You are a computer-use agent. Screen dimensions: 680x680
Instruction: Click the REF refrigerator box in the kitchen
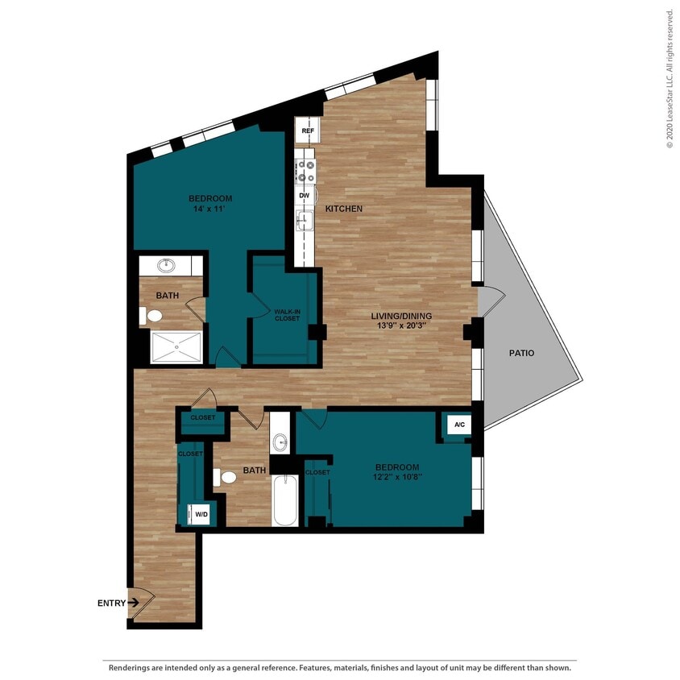click(x=307, y=131)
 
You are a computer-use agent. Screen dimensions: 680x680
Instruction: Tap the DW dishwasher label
click(x=305, y=196)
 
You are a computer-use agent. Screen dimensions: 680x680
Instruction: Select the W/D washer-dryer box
click(x=198, y=513)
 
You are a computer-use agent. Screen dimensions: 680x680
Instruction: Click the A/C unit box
click(x=459, y=425)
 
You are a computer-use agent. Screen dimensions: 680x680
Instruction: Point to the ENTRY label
click(x=110, y=603)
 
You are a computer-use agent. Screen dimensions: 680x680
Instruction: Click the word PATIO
click(x=521, y=353)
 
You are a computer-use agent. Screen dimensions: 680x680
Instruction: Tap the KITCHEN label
click(x=344, y=209)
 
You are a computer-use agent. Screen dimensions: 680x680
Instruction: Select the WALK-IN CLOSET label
click(x=286, y=315)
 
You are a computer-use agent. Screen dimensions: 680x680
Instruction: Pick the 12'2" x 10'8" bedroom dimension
click(x=396, y=477)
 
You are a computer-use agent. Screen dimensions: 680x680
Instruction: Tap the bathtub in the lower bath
click(x=285, y=500)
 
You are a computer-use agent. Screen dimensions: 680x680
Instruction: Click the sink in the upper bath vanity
click(x=169, y=265)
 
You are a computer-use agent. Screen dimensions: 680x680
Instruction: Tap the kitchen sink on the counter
click(x=305, y=220)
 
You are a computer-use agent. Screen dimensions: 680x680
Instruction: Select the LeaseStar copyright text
click(x=670, y=78)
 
